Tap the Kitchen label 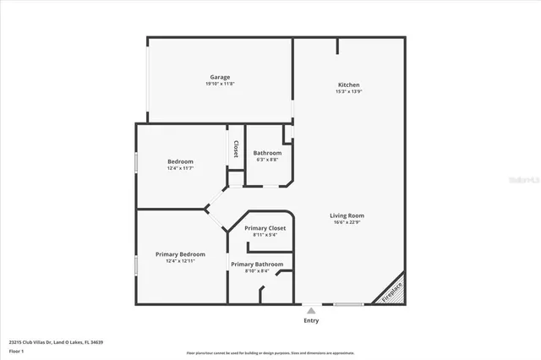click(349, 85)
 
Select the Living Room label click(347, 215)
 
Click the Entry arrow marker click(311, 310)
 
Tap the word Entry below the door click(311, 320)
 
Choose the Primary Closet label click(265, 228)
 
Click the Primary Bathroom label click(257, 265)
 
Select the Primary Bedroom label click(180, 254)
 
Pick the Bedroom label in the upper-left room click(180, 161)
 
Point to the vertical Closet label click(236, 149)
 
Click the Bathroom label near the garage click(267, 153)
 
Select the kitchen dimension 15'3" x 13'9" click(349, 92)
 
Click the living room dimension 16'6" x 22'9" click(347, 222)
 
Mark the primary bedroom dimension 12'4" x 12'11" click(180, 261)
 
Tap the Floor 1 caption click(16, 351)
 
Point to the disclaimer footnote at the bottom click(270, 352)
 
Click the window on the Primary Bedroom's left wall click(136, 264)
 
